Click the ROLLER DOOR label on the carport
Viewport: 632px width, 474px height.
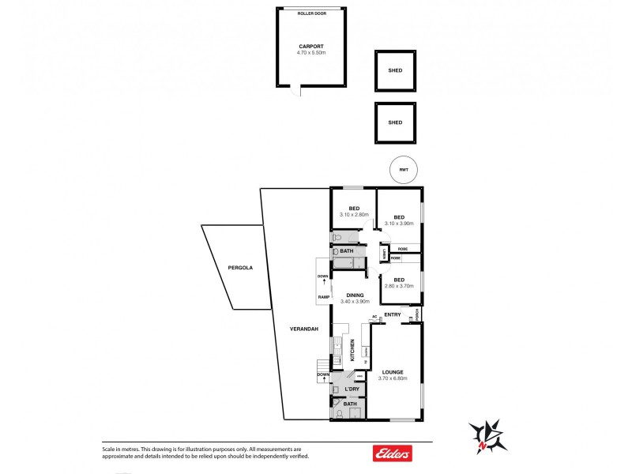point(311,13)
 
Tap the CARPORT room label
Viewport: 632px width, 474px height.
point(311,46)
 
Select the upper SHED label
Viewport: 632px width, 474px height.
point(395,71)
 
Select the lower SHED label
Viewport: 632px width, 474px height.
point(395,122)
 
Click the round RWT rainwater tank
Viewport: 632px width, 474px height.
point(404,170)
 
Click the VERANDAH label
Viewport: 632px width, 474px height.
point(303,329)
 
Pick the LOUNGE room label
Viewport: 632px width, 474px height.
point(393,371)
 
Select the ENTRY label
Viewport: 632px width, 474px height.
point(393,315)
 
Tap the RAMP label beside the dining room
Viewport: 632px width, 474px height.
point(323,297)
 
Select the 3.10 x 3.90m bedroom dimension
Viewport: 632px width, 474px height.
point(399,224)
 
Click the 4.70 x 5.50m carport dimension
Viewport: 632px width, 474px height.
point(311,52)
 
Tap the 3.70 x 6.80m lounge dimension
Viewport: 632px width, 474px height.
point(393,378)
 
